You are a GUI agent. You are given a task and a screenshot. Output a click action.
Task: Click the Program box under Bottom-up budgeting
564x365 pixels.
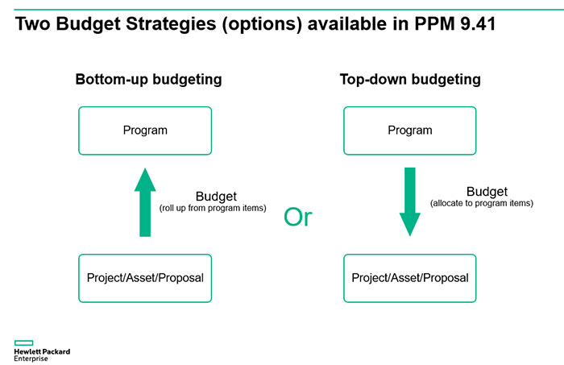[x=145, y=131]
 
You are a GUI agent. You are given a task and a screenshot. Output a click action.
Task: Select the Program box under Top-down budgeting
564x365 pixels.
[x=410, y=131]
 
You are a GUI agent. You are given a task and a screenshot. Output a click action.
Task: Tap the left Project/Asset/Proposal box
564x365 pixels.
[x=145, y=278]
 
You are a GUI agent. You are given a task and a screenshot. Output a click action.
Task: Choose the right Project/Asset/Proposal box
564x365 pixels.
[x=410, y=278]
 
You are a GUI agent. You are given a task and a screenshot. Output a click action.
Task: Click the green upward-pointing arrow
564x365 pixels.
[x=145, y=201]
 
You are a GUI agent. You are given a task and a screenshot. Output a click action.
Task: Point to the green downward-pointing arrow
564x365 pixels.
[x=410, y=201]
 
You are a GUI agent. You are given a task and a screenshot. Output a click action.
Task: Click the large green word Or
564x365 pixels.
[x=297, y=218]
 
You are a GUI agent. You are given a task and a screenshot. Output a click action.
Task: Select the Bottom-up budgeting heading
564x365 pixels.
[x=148, y=80]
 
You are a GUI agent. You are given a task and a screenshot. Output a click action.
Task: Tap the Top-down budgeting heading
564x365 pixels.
[x=410, y=80]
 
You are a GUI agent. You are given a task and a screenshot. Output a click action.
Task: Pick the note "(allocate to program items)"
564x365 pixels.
[x=482, y=203]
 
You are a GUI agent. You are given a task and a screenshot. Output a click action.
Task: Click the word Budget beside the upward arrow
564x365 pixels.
[x=216, y=197]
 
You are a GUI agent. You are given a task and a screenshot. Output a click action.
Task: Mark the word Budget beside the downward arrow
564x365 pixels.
[x=487, y=192]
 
